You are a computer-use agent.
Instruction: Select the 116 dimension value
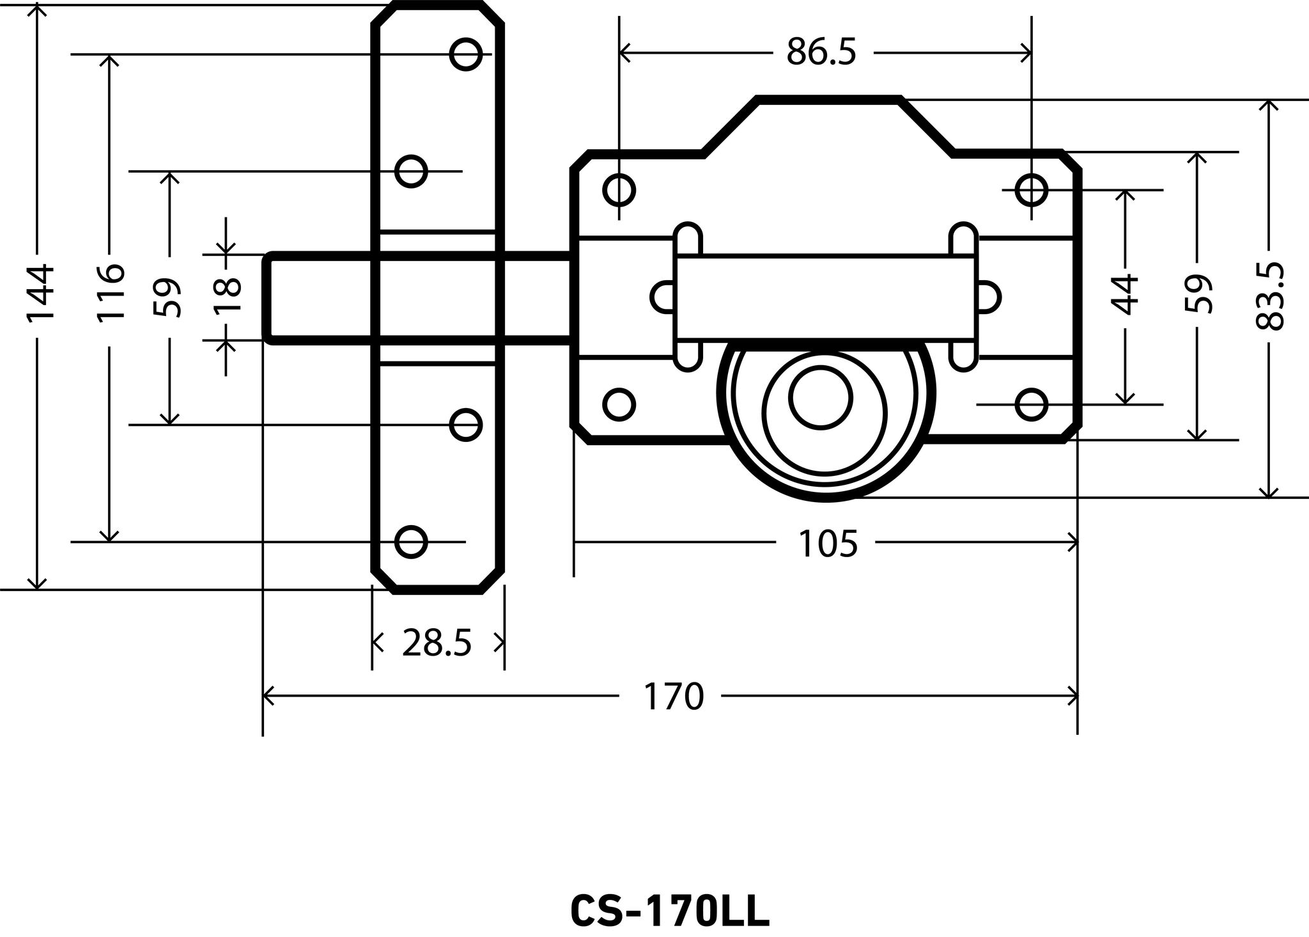[110, 292]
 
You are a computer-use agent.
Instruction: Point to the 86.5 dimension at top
[821, 52]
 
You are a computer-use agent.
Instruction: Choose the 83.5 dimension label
[1269, 295]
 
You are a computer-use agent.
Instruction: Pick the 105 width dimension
[827, 544]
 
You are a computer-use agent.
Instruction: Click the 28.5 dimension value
[437, 643]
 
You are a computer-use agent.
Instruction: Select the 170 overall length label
[673, 697]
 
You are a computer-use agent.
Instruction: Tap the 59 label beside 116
[169, 297]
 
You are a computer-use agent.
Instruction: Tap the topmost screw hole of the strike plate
[465, 54]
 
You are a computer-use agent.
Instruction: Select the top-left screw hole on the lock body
[619, 189]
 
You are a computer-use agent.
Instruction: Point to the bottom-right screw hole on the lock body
[1031, 404]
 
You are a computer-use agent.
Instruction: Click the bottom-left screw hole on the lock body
[619, 404]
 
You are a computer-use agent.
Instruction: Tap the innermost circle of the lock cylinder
[821, 397]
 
